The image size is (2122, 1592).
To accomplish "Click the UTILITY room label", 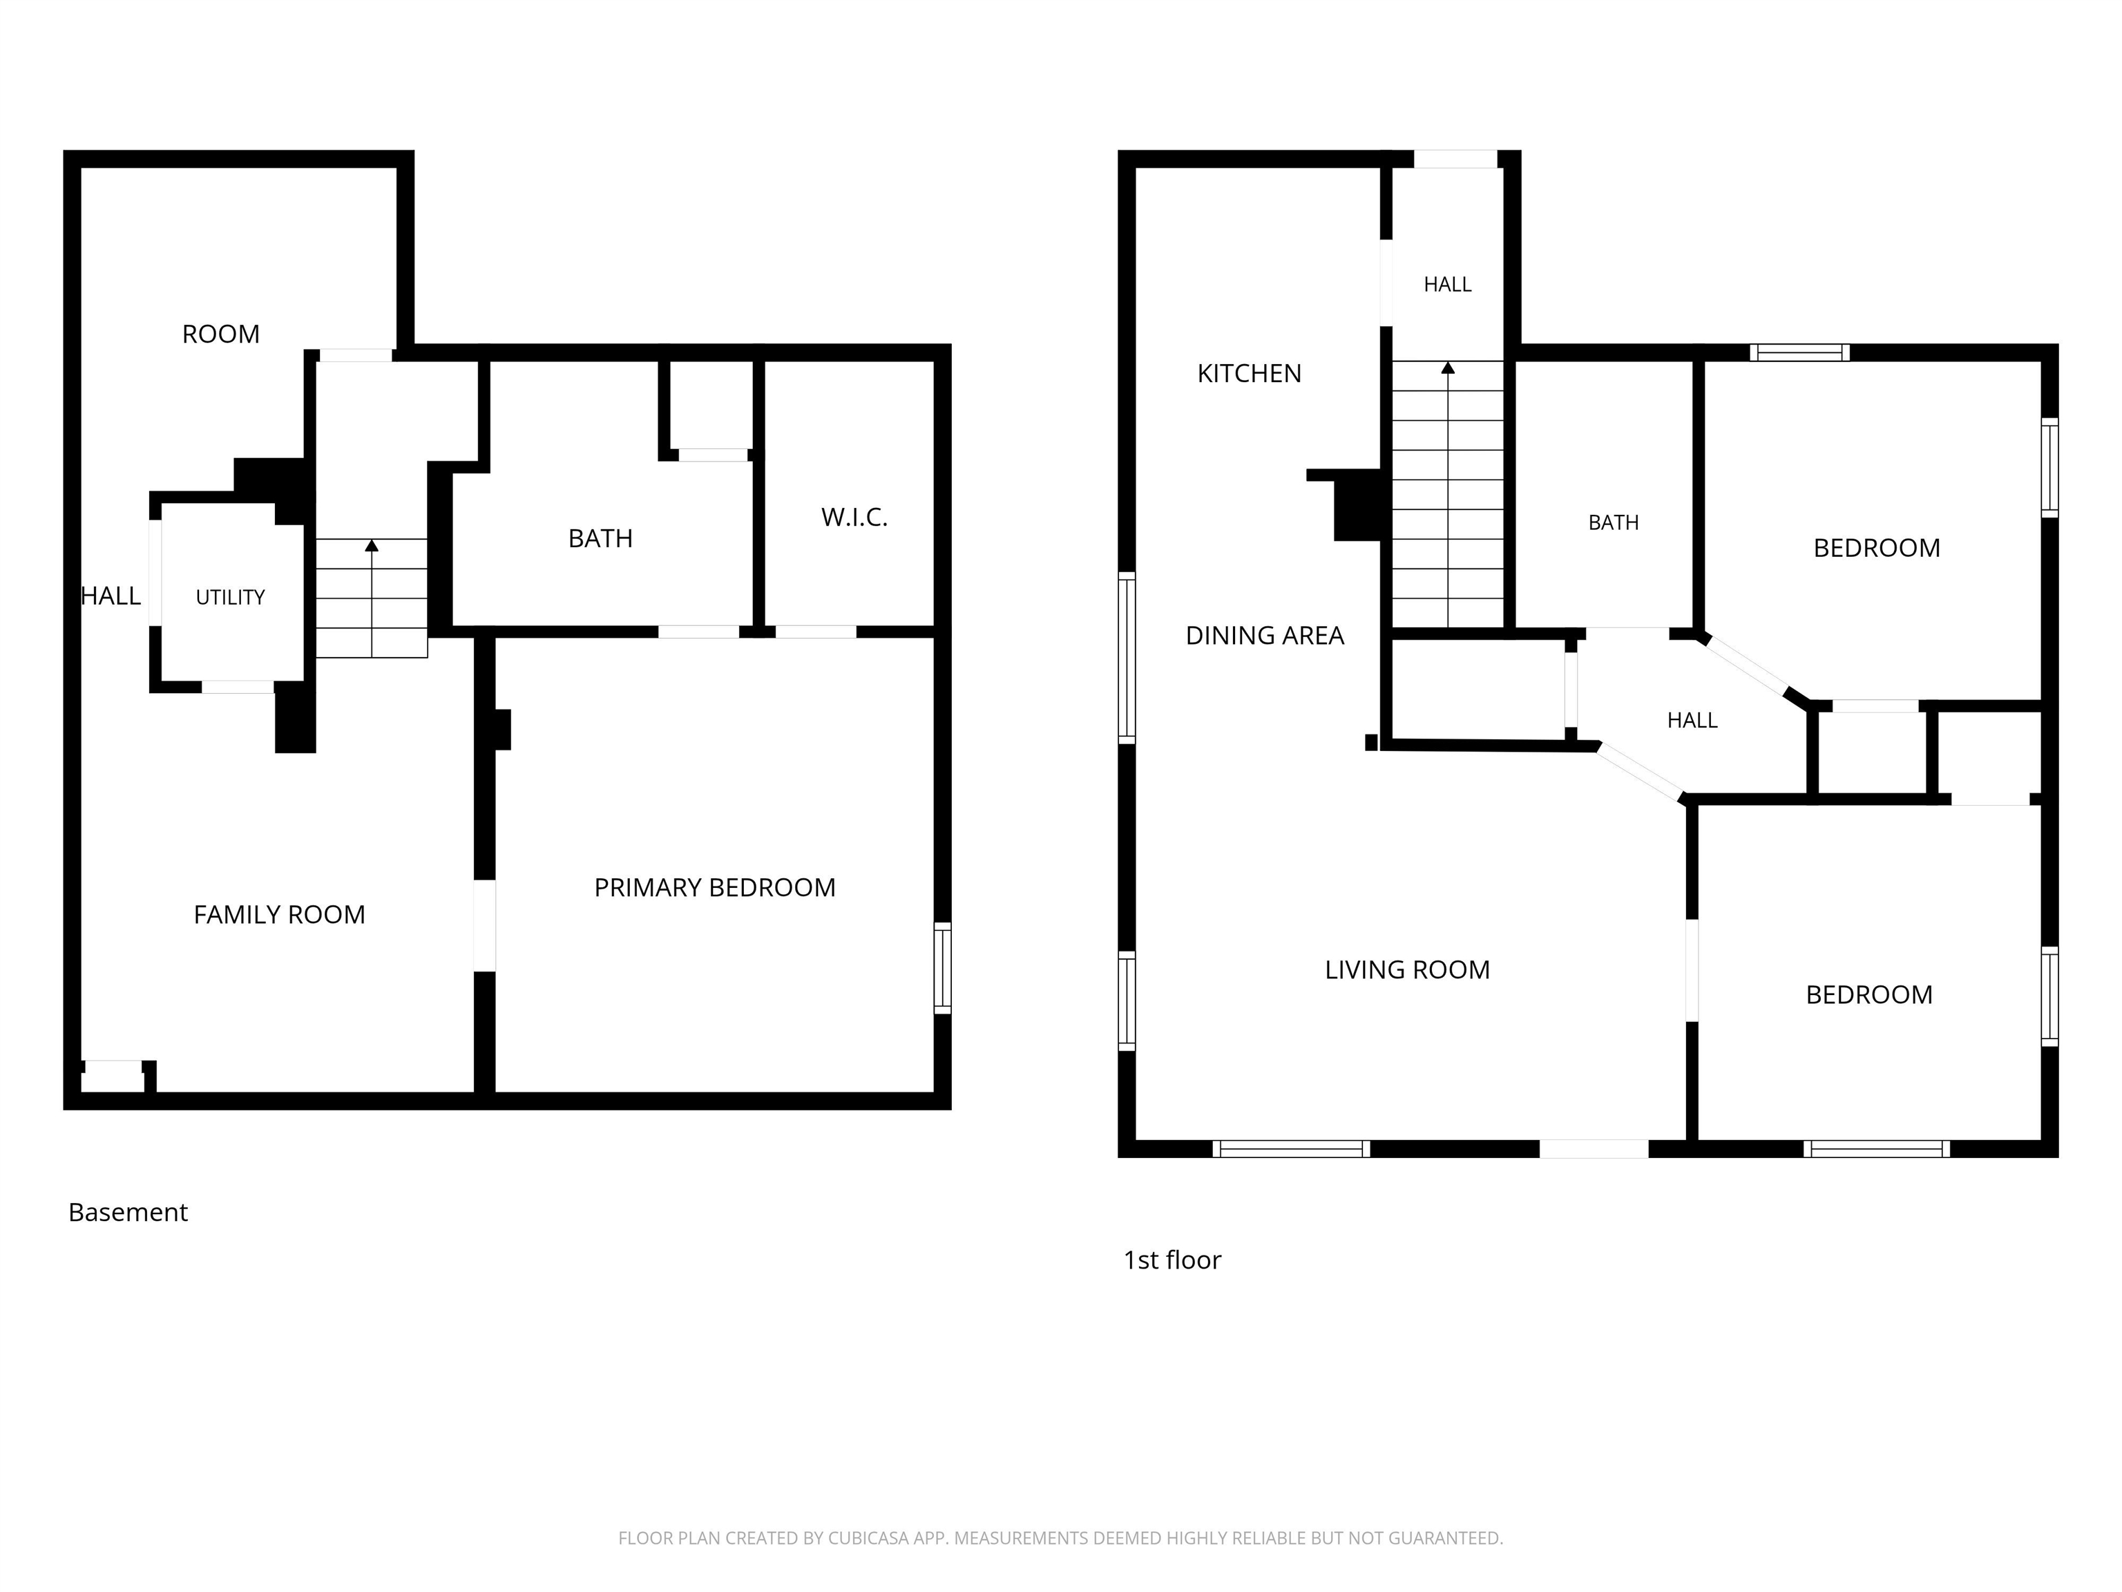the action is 230,597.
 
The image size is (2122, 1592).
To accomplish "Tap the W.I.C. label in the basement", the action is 854,518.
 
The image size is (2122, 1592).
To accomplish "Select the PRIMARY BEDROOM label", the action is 715,888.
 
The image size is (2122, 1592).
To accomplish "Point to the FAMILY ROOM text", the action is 279,915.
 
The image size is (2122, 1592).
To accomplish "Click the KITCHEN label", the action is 1249,373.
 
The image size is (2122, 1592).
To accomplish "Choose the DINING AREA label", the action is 1264,635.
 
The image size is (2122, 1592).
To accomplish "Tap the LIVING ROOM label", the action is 1407,969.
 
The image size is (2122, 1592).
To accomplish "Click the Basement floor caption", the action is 128,1212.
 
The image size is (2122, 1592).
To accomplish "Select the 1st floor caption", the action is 1172,1260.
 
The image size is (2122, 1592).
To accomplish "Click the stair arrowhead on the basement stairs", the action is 372,545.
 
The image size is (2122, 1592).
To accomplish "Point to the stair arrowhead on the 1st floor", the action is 1448,368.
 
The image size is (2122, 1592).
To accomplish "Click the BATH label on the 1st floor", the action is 1614,523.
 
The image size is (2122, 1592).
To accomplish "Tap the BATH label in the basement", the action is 600,538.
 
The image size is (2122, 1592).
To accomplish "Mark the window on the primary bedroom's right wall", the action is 943,968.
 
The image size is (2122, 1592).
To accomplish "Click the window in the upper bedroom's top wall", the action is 1799,352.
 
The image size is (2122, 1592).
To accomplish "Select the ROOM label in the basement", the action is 220,334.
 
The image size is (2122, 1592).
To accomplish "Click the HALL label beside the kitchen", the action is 1448,285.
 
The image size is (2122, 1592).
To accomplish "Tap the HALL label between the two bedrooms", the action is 1692,721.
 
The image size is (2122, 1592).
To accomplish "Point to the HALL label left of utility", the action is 111,596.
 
